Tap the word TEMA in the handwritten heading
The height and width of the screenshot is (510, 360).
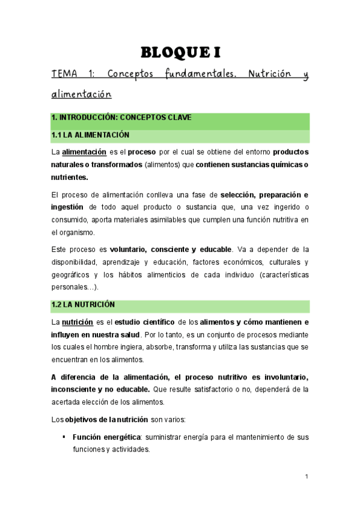tap(64, 75)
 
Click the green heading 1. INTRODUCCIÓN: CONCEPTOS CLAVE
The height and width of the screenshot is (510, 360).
tap(121, 117)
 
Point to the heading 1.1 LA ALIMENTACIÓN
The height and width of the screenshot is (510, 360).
tap(90, 135)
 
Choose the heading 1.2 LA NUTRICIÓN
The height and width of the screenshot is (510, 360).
tap(84, 305)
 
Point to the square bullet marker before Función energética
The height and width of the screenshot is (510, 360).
tap(63, 436)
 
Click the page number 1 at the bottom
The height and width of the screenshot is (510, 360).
tap(307, 478)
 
